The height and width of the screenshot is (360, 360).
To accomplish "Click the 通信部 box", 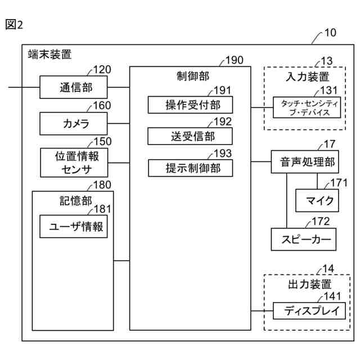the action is click(74, 87).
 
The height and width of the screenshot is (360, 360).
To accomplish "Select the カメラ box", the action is click(74, 124).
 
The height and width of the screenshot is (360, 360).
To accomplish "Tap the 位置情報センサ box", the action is click(74, 163).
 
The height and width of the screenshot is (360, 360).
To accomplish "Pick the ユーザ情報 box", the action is click(74, 226).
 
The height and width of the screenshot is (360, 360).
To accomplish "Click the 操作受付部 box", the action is click(190, 105).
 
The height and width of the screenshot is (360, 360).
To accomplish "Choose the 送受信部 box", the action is click(190, 136).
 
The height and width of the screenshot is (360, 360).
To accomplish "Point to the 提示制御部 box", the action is click(190, 168).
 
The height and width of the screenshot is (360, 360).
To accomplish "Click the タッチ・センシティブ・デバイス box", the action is click(307, 107).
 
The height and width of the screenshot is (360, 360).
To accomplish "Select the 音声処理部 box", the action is click(305, 162).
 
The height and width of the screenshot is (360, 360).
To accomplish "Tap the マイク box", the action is click(317, 200).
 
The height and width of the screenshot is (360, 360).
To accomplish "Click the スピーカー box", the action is click(304, 239).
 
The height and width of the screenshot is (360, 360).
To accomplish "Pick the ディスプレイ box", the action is click(309, 311).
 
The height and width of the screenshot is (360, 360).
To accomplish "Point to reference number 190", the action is click(234, 60).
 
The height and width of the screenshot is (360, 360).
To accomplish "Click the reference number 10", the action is click(330, 33).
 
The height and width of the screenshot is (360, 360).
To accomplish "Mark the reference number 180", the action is click(102, 185).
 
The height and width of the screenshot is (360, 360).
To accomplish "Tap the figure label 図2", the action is click(14, 24).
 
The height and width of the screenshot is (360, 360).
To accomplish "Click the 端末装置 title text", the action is click(49, 55).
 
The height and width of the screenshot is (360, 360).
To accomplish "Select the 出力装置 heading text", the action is click(310, 284).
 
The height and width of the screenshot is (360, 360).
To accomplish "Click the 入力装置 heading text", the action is click(308, 76).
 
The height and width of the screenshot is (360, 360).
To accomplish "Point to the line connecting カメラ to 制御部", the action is click(119, 124).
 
